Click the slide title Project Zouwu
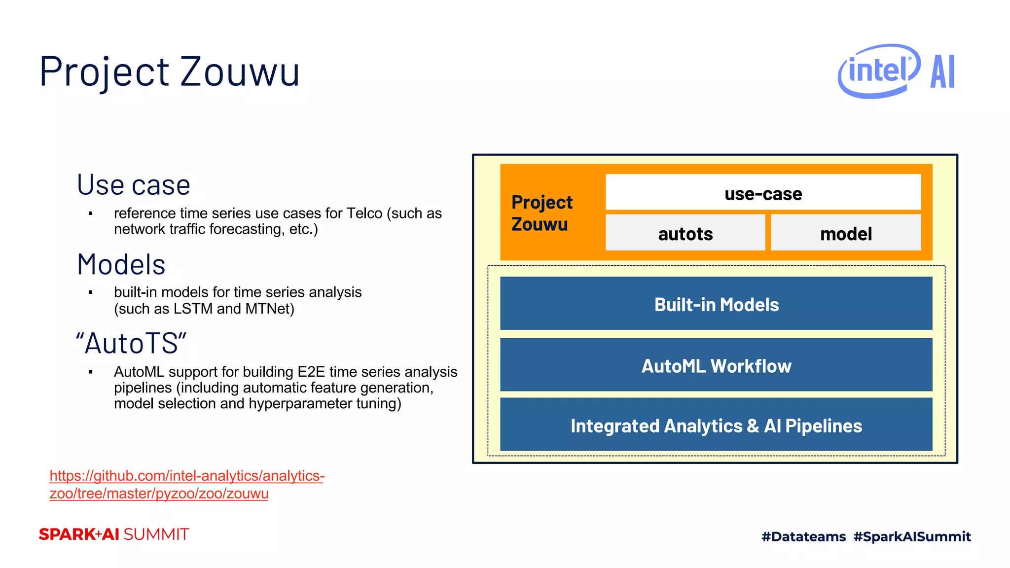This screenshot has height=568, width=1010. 169,72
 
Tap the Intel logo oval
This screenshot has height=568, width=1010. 878,71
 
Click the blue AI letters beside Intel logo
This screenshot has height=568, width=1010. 942,72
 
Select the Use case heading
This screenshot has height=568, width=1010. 133,185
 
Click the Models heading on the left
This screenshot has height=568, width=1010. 121,264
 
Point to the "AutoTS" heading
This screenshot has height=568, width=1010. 131,343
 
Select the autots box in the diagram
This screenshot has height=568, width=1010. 685,233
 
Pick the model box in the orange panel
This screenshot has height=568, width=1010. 846,233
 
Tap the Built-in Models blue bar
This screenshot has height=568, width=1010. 716,304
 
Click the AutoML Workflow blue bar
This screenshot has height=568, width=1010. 716,366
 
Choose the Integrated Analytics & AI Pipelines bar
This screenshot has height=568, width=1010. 716,426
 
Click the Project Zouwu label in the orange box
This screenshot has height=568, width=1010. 541,213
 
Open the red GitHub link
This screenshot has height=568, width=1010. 186,484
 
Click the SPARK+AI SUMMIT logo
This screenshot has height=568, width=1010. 114,534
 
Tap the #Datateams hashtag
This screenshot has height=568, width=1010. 803,536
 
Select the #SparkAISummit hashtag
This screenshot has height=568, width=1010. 912,536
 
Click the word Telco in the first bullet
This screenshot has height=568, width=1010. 364,213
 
